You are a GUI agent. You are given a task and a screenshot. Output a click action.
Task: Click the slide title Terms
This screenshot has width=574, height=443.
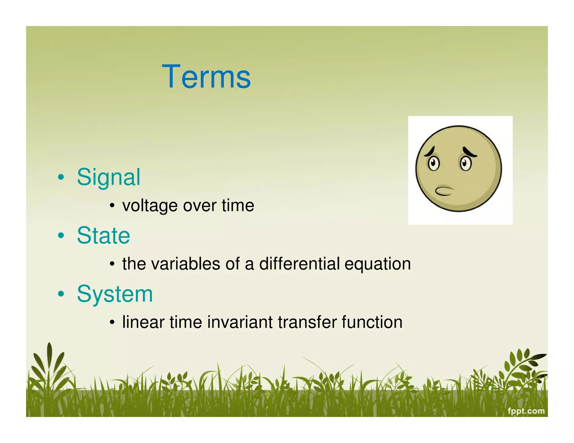(x=206, y=77)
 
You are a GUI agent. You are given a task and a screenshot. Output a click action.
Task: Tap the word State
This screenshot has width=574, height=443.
(x=103, y=236)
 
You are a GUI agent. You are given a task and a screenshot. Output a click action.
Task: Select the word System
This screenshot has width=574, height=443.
(x=115, y=294)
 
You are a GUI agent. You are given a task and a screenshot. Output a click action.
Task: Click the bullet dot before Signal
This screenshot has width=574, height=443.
(x=61, y=178)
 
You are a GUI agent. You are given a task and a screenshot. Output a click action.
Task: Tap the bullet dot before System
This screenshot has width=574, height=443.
(x=61, y=294)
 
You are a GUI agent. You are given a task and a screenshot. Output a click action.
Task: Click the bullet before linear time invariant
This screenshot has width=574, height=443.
(x=112, y=323)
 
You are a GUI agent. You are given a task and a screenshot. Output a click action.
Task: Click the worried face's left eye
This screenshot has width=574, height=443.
(x=434, y=163)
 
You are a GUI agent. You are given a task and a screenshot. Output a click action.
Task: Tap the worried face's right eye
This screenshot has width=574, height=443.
(x=466, y=163)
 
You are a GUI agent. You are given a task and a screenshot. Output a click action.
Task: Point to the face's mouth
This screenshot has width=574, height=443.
(x=444, y=191)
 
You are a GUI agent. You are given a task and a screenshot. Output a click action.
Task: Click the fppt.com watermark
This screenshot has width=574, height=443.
(x=526, y=411)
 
